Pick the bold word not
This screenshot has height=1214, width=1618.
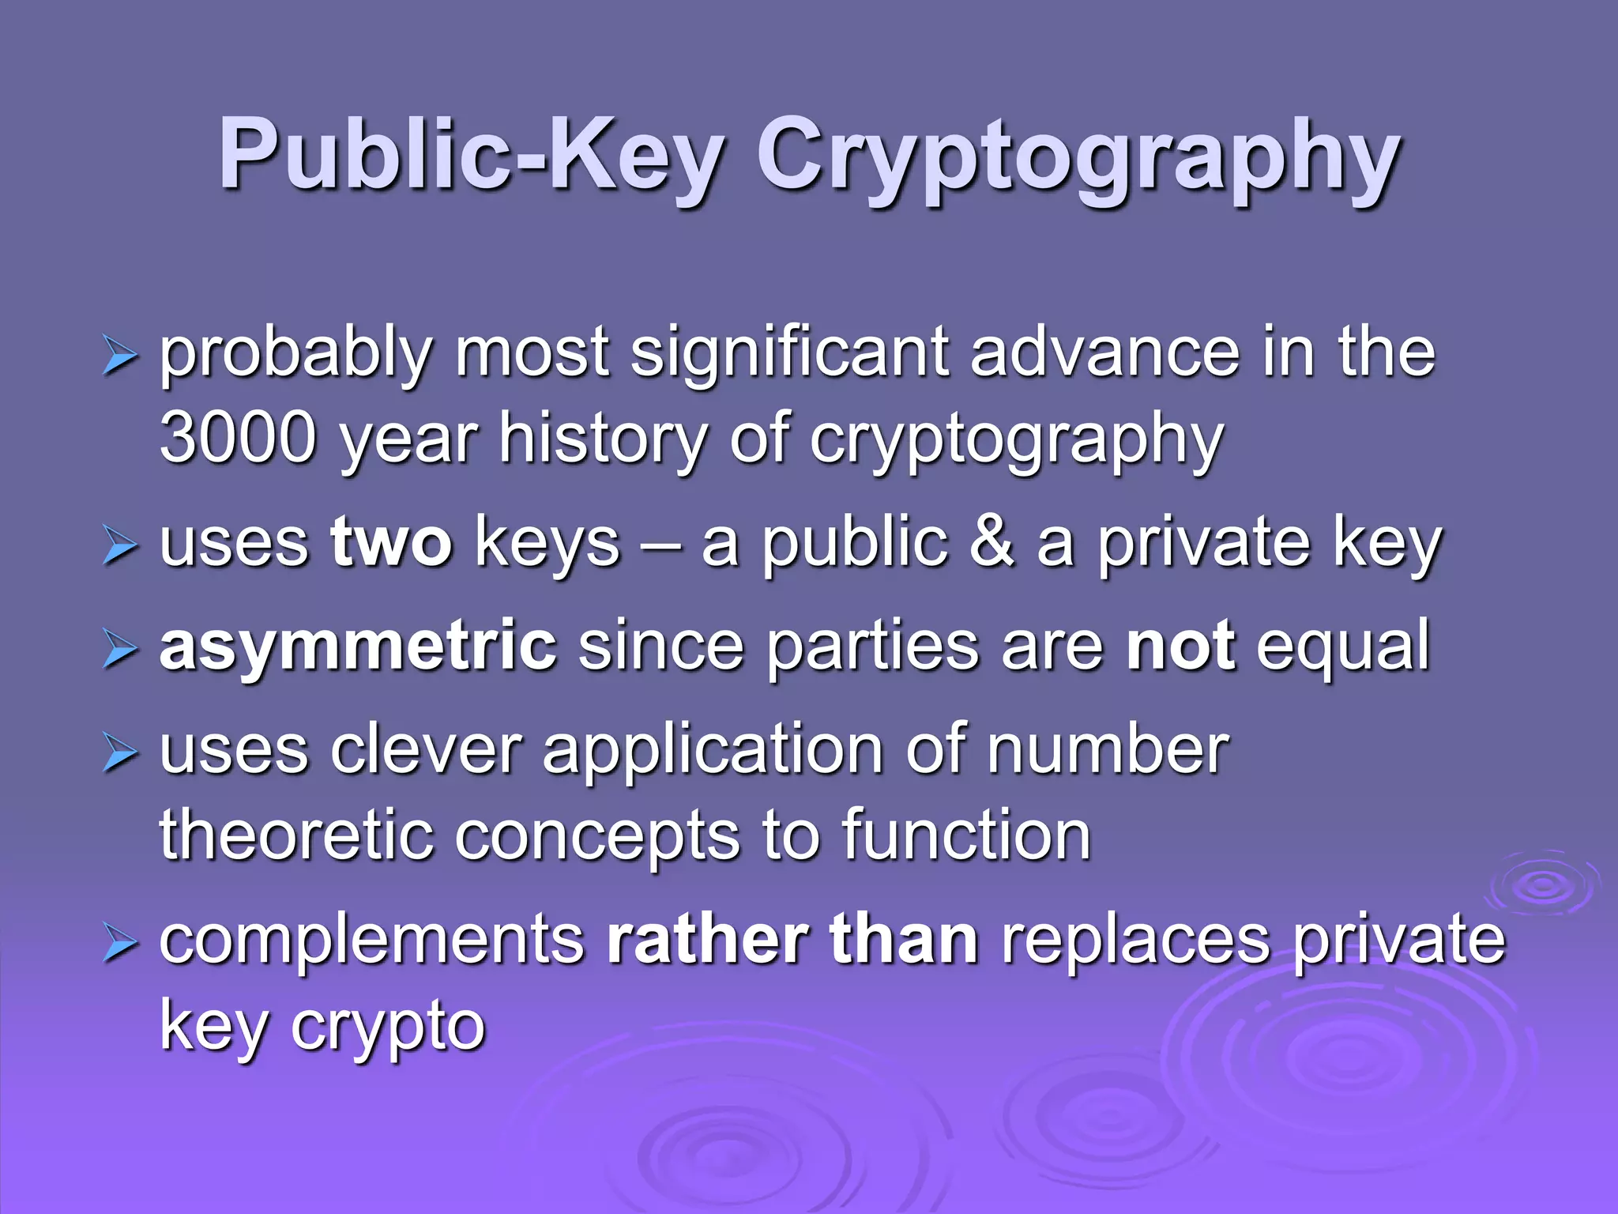(1180, 647)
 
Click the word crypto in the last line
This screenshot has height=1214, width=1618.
(388, 1027)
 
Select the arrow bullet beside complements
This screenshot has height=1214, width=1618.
(120, 944)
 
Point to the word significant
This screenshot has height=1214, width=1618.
(789, 353)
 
